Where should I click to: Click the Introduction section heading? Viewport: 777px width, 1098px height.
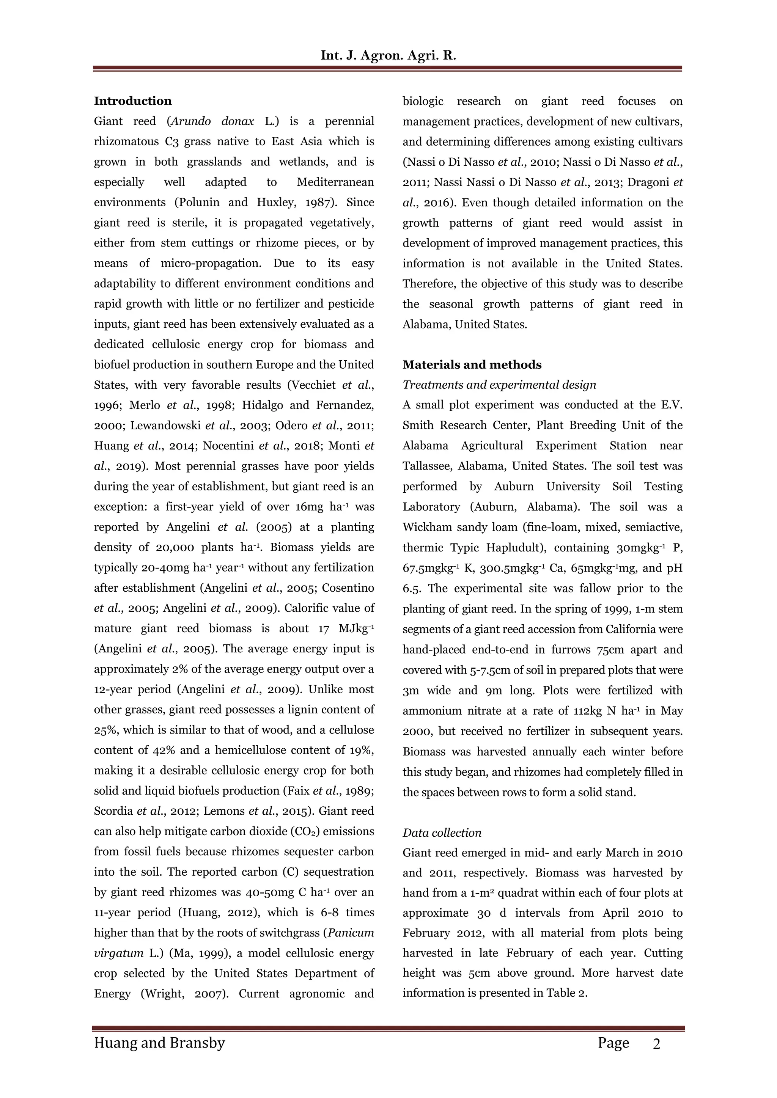tap(132, 101)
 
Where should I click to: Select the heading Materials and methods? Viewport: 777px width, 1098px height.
tap(472, 365)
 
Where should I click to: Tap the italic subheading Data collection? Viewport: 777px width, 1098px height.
tap(442, 833)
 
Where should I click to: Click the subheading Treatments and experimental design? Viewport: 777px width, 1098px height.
tap(499, 385)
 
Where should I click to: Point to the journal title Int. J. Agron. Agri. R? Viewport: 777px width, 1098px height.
tap(388, 55)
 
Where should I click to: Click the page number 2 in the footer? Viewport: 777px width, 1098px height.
tap(656, 1044)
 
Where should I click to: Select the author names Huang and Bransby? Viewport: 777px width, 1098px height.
tap(159, 1043)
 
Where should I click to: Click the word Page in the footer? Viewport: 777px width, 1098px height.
tap(613, 1043)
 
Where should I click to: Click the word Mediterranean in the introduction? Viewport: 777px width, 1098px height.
tap(335, 182)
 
